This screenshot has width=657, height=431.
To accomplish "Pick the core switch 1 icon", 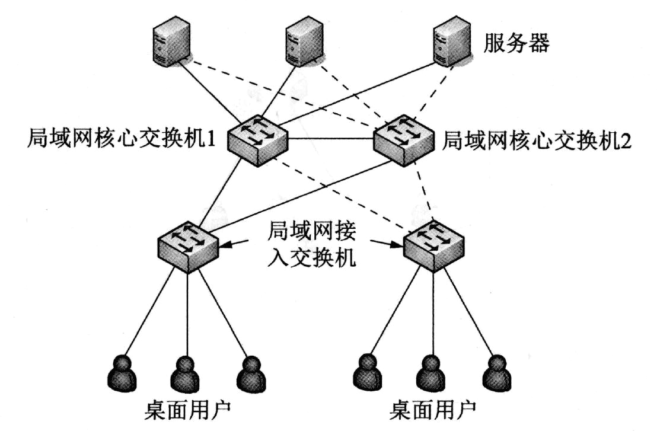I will (257, 141).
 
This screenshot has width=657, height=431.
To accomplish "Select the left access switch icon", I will (188, 245).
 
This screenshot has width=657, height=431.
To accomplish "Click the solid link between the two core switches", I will (330, 141).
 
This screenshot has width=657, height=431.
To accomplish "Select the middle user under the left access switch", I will (186, 372).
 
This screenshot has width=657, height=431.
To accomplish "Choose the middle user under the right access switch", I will (431, 372).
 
